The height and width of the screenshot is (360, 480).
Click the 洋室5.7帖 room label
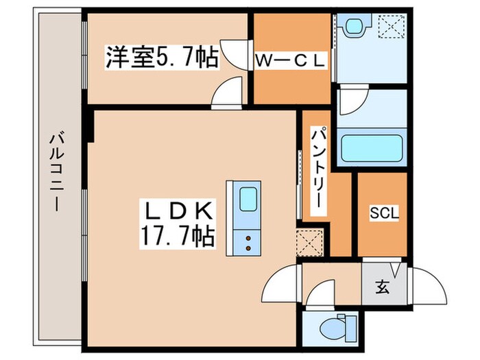[162, 57]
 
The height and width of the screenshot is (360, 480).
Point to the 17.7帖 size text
[177, 238]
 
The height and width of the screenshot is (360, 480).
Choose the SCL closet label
[381, 213]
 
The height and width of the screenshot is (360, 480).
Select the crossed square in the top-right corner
[393, 27]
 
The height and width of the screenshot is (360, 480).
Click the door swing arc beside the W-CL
[237, 53]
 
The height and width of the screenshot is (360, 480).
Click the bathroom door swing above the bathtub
[352, 101]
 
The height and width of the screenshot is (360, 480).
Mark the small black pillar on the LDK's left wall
[89, 128]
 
